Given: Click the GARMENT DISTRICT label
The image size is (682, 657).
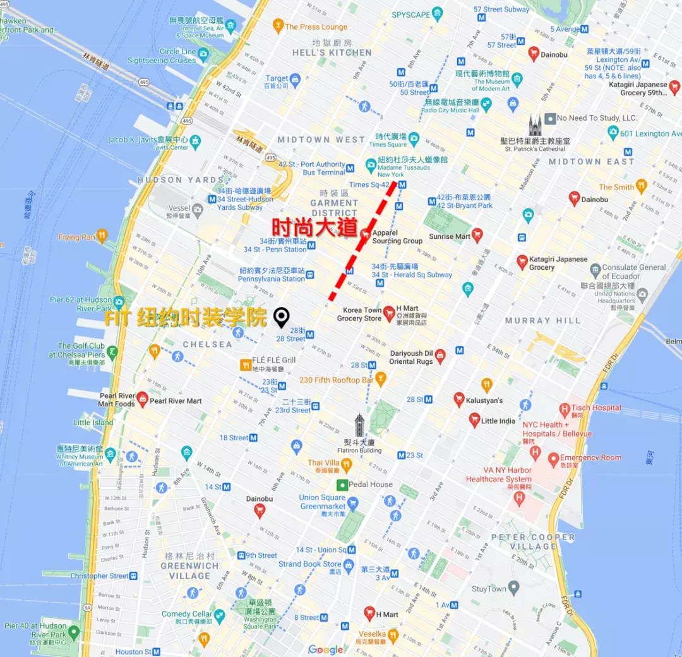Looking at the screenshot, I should point(334,208).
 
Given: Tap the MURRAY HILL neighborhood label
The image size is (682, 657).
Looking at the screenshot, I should point(542,321).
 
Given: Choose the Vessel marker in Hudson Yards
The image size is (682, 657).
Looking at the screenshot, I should point(198,208).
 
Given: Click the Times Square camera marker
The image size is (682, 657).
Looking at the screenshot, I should point(414,138).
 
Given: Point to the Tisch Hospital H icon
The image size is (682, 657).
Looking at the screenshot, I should point(565,409).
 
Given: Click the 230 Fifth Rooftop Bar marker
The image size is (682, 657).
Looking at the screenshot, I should point(380,379).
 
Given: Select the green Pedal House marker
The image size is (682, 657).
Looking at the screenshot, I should point(342,485).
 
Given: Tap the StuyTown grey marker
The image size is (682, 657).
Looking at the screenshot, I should point(513,588).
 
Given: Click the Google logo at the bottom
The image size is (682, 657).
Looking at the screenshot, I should point(326,649).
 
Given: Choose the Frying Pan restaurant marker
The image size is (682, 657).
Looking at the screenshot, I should point(102,236).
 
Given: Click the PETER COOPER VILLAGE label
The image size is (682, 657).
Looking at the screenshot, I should point(533,541).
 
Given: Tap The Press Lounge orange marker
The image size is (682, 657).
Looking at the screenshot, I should point(277,27).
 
